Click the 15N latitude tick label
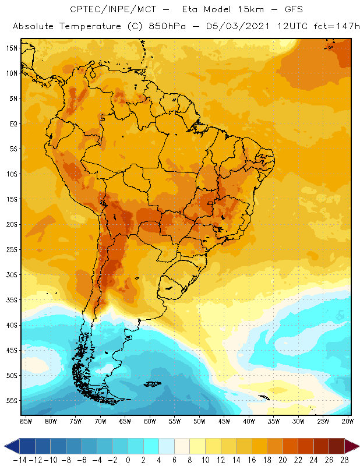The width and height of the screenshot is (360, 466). (x=12, y=48)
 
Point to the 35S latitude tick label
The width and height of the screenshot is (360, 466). (x=12, y=300)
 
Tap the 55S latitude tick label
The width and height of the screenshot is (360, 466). (x=12, y=401)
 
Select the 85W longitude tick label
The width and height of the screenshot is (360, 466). (x=26, y=421)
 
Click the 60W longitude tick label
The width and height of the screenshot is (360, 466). (x=150, y=421)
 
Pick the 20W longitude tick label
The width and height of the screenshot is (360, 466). (x=348, y=421)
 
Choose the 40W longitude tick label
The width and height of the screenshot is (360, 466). (x=249, y=421)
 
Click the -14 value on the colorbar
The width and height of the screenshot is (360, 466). (x=20, y=460)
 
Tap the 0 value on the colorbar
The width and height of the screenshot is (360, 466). (x=128, y=460)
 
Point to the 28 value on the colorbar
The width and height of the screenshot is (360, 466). (x=344, y=460)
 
